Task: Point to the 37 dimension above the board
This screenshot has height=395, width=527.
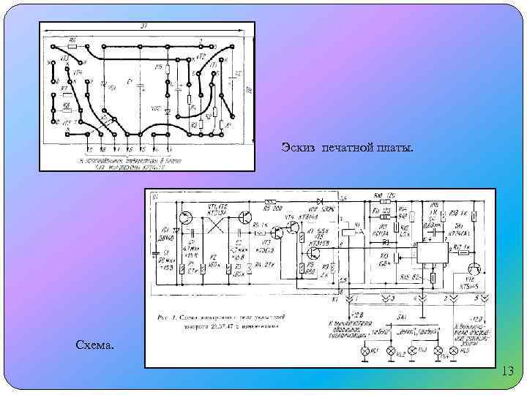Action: coord(143,26)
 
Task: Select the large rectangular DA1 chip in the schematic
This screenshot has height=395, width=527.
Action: coord(433,253)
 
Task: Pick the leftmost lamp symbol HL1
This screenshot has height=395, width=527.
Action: coord(365,351)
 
